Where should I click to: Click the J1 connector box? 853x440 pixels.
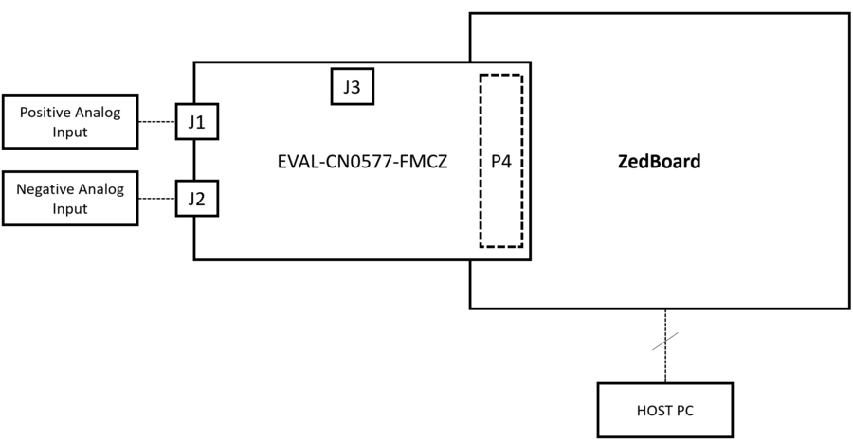click(197, 121)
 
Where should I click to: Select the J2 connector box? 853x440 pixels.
click(197, 199)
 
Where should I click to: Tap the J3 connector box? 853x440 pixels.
click(352, 87)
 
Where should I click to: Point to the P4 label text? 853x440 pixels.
click(501, 162)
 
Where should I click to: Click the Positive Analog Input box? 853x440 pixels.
click(70, 121)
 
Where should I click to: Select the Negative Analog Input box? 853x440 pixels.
click(70, 199)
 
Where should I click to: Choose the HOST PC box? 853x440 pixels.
click(664, 410)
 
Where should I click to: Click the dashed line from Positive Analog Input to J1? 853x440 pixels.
click(157, 121)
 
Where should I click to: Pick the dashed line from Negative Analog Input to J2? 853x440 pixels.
click(157, 199)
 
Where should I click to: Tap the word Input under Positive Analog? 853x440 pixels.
click(70, 132)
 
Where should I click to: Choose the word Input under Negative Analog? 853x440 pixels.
click(70, 209)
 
